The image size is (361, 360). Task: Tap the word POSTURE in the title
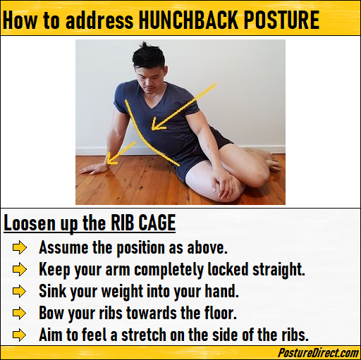point(281,20)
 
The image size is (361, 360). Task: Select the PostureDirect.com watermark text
point(318,353)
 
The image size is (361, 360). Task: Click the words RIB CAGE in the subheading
point(143,223)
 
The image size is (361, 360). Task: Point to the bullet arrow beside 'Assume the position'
point(20,248)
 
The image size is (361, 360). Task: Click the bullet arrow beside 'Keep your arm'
point(20,269)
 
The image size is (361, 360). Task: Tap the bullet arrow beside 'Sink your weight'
point(20,291)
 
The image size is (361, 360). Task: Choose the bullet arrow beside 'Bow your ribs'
point(20,314)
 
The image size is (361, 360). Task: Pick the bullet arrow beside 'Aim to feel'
point(20,335)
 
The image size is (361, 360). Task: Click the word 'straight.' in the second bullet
point(279,270)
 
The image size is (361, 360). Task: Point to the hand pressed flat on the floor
point(94,169)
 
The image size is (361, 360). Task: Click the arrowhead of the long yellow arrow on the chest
point(157,124)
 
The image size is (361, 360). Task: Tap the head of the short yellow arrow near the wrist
point(111,159)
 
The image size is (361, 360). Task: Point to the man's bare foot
point(270,160)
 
